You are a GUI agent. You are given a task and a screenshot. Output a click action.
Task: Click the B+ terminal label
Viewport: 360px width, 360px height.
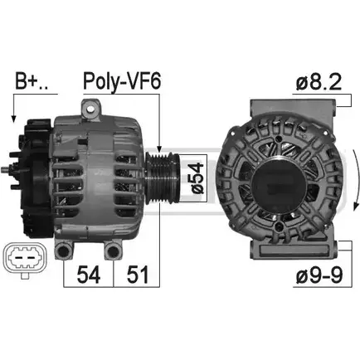32,81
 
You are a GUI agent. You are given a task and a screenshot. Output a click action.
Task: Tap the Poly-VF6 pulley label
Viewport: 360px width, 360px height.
122,81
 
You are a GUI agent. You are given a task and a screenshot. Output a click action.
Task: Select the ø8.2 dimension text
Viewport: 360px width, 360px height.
319,81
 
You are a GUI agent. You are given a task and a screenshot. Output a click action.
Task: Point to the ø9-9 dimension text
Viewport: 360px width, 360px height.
319,275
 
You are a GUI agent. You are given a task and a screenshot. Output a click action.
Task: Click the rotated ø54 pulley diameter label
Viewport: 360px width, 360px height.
197,178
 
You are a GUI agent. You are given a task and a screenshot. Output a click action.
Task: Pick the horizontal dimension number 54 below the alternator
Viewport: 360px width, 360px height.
89,275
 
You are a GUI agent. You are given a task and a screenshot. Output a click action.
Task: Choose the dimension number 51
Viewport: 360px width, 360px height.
138,275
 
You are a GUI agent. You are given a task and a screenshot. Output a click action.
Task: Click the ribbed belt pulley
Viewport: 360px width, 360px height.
163,178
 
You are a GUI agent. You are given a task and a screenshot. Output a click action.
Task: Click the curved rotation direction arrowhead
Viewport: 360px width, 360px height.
355,205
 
